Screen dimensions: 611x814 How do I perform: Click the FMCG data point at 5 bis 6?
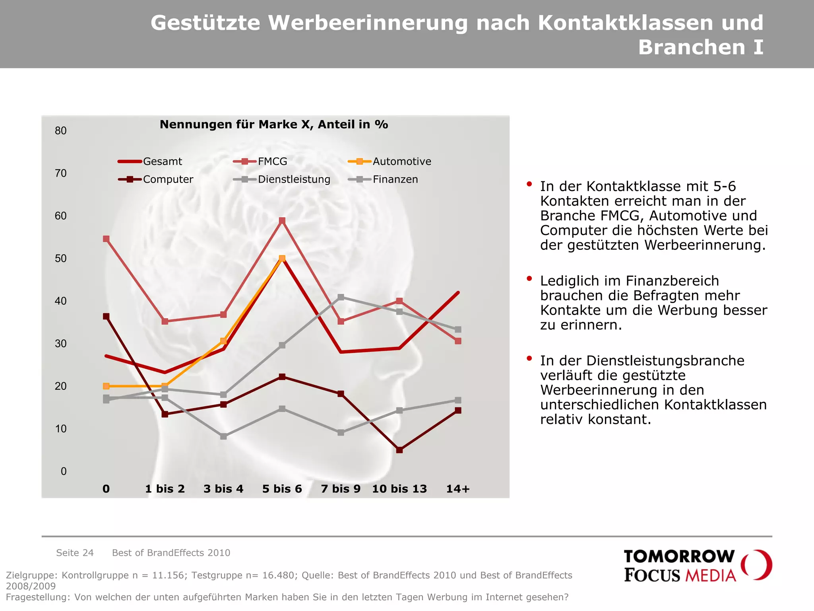tap(282, 221)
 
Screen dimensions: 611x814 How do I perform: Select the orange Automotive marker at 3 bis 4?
tap(223, 341)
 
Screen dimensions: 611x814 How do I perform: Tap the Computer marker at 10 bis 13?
tap(399, 450)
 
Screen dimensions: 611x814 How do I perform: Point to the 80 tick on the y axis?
tap(61, 131)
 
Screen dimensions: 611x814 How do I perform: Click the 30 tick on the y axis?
tap(61, 344)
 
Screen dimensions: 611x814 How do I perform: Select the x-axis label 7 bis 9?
tap(341, 489)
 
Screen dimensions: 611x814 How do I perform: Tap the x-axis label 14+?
tap(458, 489)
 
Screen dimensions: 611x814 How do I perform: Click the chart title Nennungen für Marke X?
tap(273, 125)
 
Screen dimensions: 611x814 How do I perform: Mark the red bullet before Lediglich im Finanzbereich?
tap(529, 278)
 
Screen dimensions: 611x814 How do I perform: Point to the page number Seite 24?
tap(75, 553)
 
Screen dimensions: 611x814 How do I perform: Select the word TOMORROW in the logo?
tap(679, 557)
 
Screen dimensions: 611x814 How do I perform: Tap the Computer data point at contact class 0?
tap(106, 317)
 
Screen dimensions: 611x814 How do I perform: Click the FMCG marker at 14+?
tap(458, 341)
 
